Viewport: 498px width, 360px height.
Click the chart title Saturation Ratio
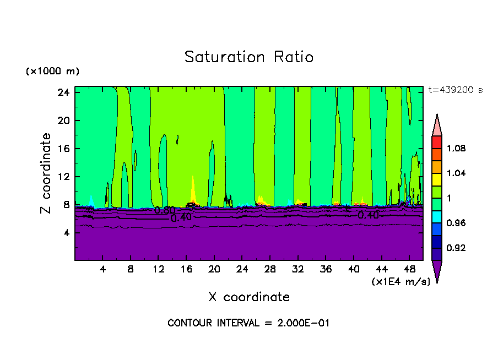tap(249, 57)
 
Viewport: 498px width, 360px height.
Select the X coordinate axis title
tap(249, 297)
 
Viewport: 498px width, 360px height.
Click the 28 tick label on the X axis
tap(270, 270)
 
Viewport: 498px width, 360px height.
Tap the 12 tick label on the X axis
tap(158, 270)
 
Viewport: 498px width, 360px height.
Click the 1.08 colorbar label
tap(456, 148)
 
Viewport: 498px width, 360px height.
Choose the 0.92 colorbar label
tap(456, 248)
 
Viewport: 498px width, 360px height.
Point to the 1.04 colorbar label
tap(456, 173)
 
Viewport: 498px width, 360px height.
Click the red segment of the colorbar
tap(437, 141)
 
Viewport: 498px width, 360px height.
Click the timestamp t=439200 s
tap(456, 90)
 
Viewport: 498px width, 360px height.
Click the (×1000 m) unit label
tap(53, 72)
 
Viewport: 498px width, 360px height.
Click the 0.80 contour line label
tap(165, 210)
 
